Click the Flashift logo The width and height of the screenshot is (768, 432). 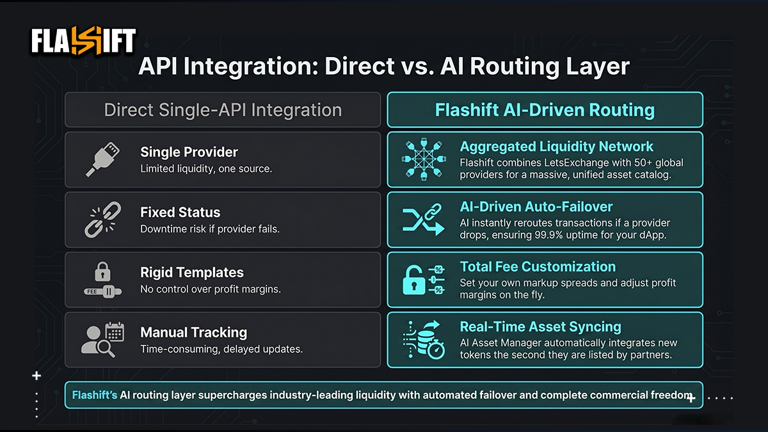coord(83,40)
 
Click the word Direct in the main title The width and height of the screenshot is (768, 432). coord(359,66)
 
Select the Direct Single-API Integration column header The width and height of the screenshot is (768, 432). coord(223,110)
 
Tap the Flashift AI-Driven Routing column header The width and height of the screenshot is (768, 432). coord(545,110)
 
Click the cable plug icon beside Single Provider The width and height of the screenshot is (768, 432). coord(102,159)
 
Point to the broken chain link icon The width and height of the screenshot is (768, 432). coord(102,220)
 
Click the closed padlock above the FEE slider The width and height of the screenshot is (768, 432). coord(102,271)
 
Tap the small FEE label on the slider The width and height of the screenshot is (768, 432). coord(92,292)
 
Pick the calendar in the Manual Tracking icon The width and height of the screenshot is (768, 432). coord(115,332)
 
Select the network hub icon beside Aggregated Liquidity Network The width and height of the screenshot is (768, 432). coord(424,159)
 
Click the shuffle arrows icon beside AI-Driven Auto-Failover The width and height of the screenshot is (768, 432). coord(424,220)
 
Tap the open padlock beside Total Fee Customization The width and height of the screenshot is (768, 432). coord(414,280)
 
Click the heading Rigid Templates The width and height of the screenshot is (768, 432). coord(192,273)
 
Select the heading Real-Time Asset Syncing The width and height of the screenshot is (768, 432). coord(540,327)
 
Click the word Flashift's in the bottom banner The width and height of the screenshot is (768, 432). coord(95,395)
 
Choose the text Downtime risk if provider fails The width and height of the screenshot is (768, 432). coord(210,229)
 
